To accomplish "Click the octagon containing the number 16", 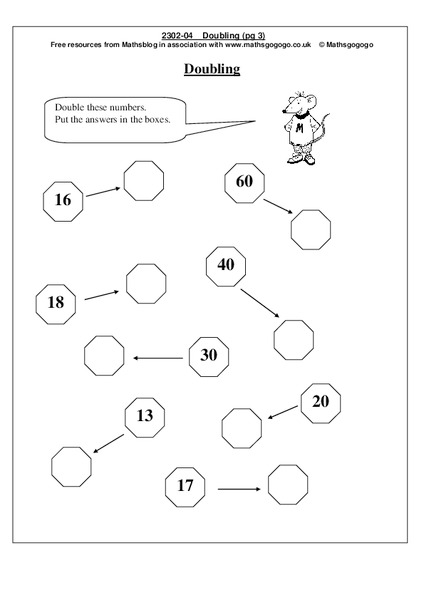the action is point(62,200).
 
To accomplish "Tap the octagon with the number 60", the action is point(244,182).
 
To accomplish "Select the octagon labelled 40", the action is point(225,265).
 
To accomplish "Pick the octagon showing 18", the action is point(55,302).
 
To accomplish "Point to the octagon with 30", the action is point(209,355).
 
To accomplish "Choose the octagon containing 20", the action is point(320,401).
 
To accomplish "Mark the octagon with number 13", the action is point(145,416).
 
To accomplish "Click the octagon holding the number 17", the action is point(185,487).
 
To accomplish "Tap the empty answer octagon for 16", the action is point(142,179).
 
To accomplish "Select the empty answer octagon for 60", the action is point(310,229).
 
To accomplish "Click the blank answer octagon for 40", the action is point(294,339).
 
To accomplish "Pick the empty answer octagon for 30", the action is point(104,355).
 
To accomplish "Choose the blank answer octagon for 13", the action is point(71,465).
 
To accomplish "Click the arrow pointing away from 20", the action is point(280,409).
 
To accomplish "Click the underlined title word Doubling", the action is point(211,69).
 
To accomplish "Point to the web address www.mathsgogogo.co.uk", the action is point(258,45).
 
